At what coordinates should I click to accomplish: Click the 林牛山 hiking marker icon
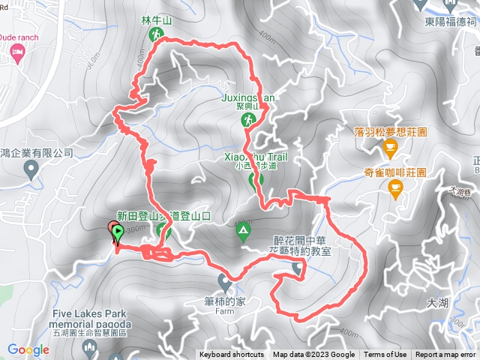(x=156, y=34)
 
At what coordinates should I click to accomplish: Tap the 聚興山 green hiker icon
(x=246, y=120)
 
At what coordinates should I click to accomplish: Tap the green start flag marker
(x=118, y=233)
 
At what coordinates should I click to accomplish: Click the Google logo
(x=28, y=349)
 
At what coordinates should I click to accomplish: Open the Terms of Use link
(x=385, y=355)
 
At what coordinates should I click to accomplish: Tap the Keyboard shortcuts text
(x=232, y=355)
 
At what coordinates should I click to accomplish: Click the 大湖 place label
(x=436, y=303)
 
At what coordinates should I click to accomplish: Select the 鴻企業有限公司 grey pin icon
(x=31, y=169)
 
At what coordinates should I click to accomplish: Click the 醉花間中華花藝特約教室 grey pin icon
(x=298, y=268)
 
